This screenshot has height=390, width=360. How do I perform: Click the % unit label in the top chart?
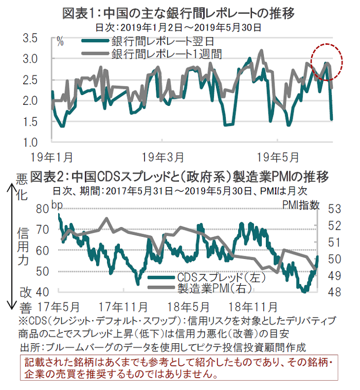pyautogui.click(x=60, y=42)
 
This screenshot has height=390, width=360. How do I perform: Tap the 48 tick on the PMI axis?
pyautogui.click(x=334, y=291)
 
